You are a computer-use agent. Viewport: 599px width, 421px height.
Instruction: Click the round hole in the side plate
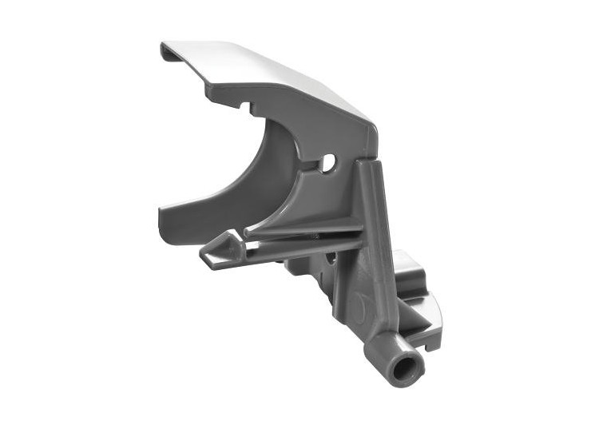328,164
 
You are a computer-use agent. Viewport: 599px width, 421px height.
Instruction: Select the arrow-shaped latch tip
216,251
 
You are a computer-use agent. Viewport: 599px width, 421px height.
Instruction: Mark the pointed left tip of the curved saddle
162,212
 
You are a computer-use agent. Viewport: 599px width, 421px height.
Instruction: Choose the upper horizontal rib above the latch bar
303,228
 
